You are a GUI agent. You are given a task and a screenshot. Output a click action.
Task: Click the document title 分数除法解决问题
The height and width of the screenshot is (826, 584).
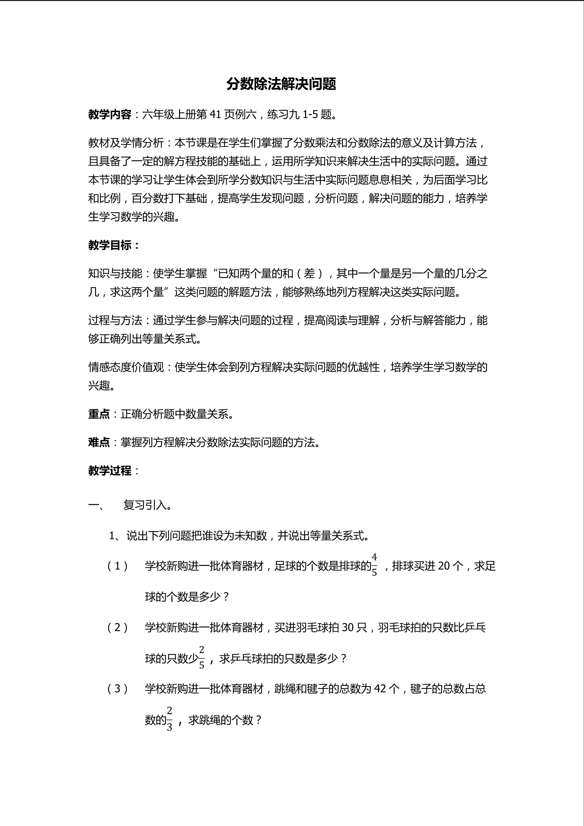pos(281,84)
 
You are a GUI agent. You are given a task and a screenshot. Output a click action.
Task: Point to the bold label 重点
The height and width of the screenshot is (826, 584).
pos(99,414)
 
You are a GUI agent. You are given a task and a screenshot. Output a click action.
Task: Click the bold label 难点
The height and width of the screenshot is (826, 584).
pos(99,442)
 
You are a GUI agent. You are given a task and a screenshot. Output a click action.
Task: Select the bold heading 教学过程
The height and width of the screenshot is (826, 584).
pos(110,471)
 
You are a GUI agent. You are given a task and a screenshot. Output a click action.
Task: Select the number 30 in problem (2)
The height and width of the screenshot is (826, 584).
pos(348,628)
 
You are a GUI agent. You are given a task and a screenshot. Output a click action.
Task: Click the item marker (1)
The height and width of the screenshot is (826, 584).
pos(117,566)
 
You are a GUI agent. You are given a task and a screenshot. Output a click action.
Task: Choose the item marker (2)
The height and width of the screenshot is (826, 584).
pos(117,628)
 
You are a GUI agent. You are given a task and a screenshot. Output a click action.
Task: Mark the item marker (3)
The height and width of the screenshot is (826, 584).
pos(117,689)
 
